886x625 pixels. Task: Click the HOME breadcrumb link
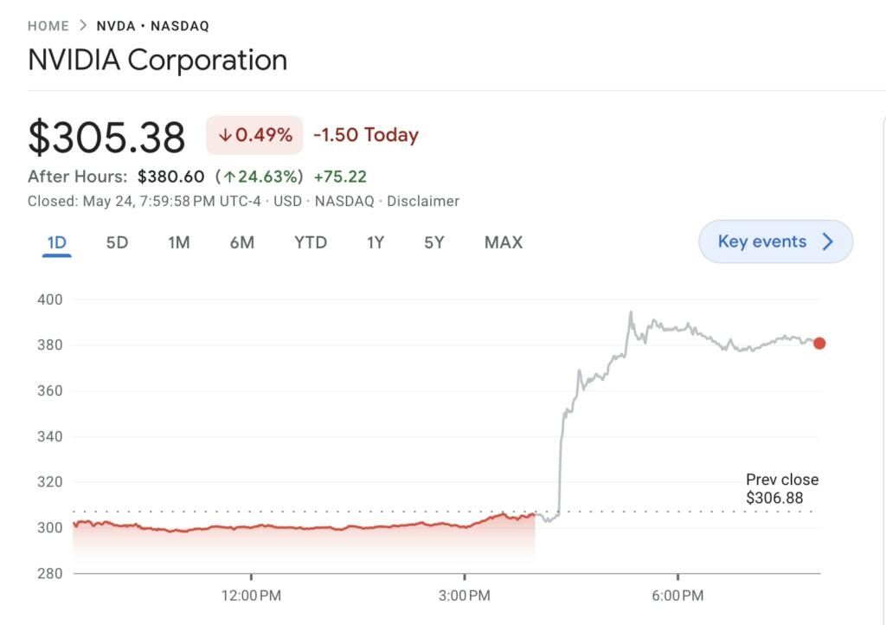click(x=48, y=26)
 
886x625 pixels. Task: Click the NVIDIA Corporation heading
click(x=157, y=61)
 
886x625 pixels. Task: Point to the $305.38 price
click(x=106, y=137)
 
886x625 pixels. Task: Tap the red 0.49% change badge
click(x=254, y=135)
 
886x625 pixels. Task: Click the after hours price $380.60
click(x=170, y=177)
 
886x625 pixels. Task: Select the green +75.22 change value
click(x=340, y=177)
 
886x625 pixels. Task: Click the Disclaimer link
click(x=422, y=201)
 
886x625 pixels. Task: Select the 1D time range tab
click(x=56, y=242)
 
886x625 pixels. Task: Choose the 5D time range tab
click(x=117, y=242)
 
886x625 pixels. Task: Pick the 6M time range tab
click(x=241, y=242)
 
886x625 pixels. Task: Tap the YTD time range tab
click(x=310, y=242)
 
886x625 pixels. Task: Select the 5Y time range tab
click(x=433, y=242)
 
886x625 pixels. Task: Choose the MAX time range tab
click(x=503, y=242)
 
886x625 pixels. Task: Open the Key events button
click(x=775, y=242)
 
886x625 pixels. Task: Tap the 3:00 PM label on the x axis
click(x=465, y=596)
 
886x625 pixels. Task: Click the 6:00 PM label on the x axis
click(x=677, y=596)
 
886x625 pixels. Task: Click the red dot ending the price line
click(x=819, y=344)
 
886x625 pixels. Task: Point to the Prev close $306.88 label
click(x=782, y=489)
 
